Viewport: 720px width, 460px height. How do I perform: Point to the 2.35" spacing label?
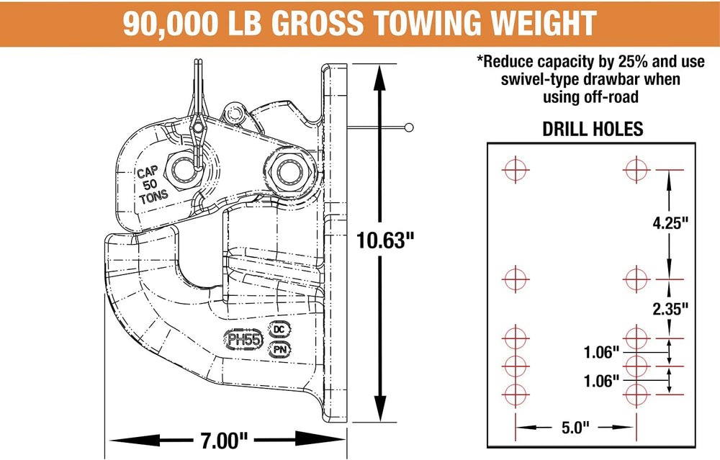[670, 309]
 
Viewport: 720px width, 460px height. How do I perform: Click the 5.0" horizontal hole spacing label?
[575, 428]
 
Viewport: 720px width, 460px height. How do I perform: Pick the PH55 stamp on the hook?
[245, 340]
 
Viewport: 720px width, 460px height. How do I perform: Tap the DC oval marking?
[279, 329]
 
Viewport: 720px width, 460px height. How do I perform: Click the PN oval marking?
[279, 349]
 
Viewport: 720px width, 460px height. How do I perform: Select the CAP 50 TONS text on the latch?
[151, 184]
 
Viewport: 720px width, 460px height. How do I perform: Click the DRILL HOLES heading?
[593, 129]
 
